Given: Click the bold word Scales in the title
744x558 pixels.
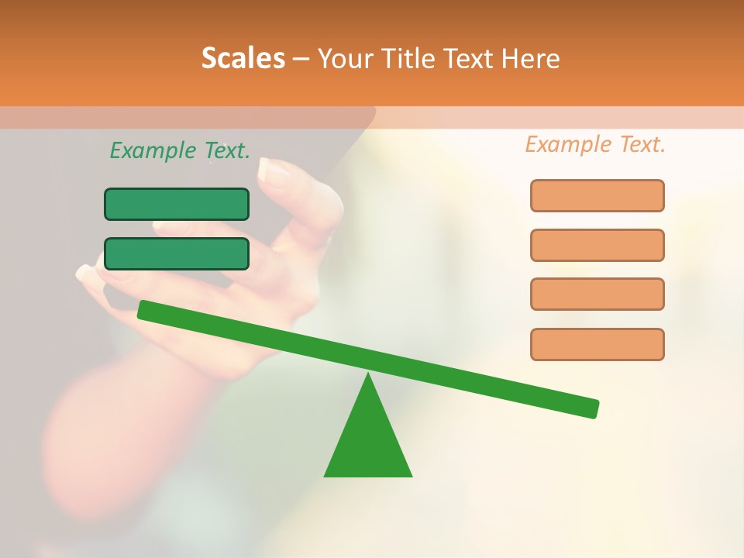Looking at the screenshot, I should pos(243,58).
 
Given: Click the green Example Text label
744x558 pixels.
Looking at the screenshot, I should pos(180,150).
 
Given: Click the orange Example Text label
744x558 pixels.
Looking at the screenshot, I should pos(595,144).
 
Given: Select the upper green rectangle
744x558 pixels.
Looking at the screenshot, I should pos(177,205).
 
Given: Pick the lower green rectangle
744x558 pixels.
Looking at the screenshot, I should pos(177,254).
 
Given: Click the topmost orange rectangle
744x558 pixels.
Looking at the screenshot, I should pos(598,195).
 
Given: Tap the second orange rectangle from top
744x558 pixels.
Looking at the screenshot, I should pos(598,245).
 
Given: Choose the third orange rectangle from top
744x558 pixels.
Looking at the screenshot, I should pos(598,294).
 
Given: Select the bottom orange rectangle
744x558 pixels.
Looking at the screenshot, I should pos(598,344).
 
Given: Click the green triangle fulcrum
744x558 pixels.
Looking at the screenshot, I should pos(368,442).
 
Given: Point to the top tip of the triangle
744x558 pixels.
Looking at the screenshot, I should pos(368,375).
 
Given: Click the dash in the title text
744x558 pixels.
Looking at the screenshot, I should pos(301,59).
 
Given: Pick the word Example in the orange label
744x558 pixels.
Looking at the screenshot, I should pos(567,144).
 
